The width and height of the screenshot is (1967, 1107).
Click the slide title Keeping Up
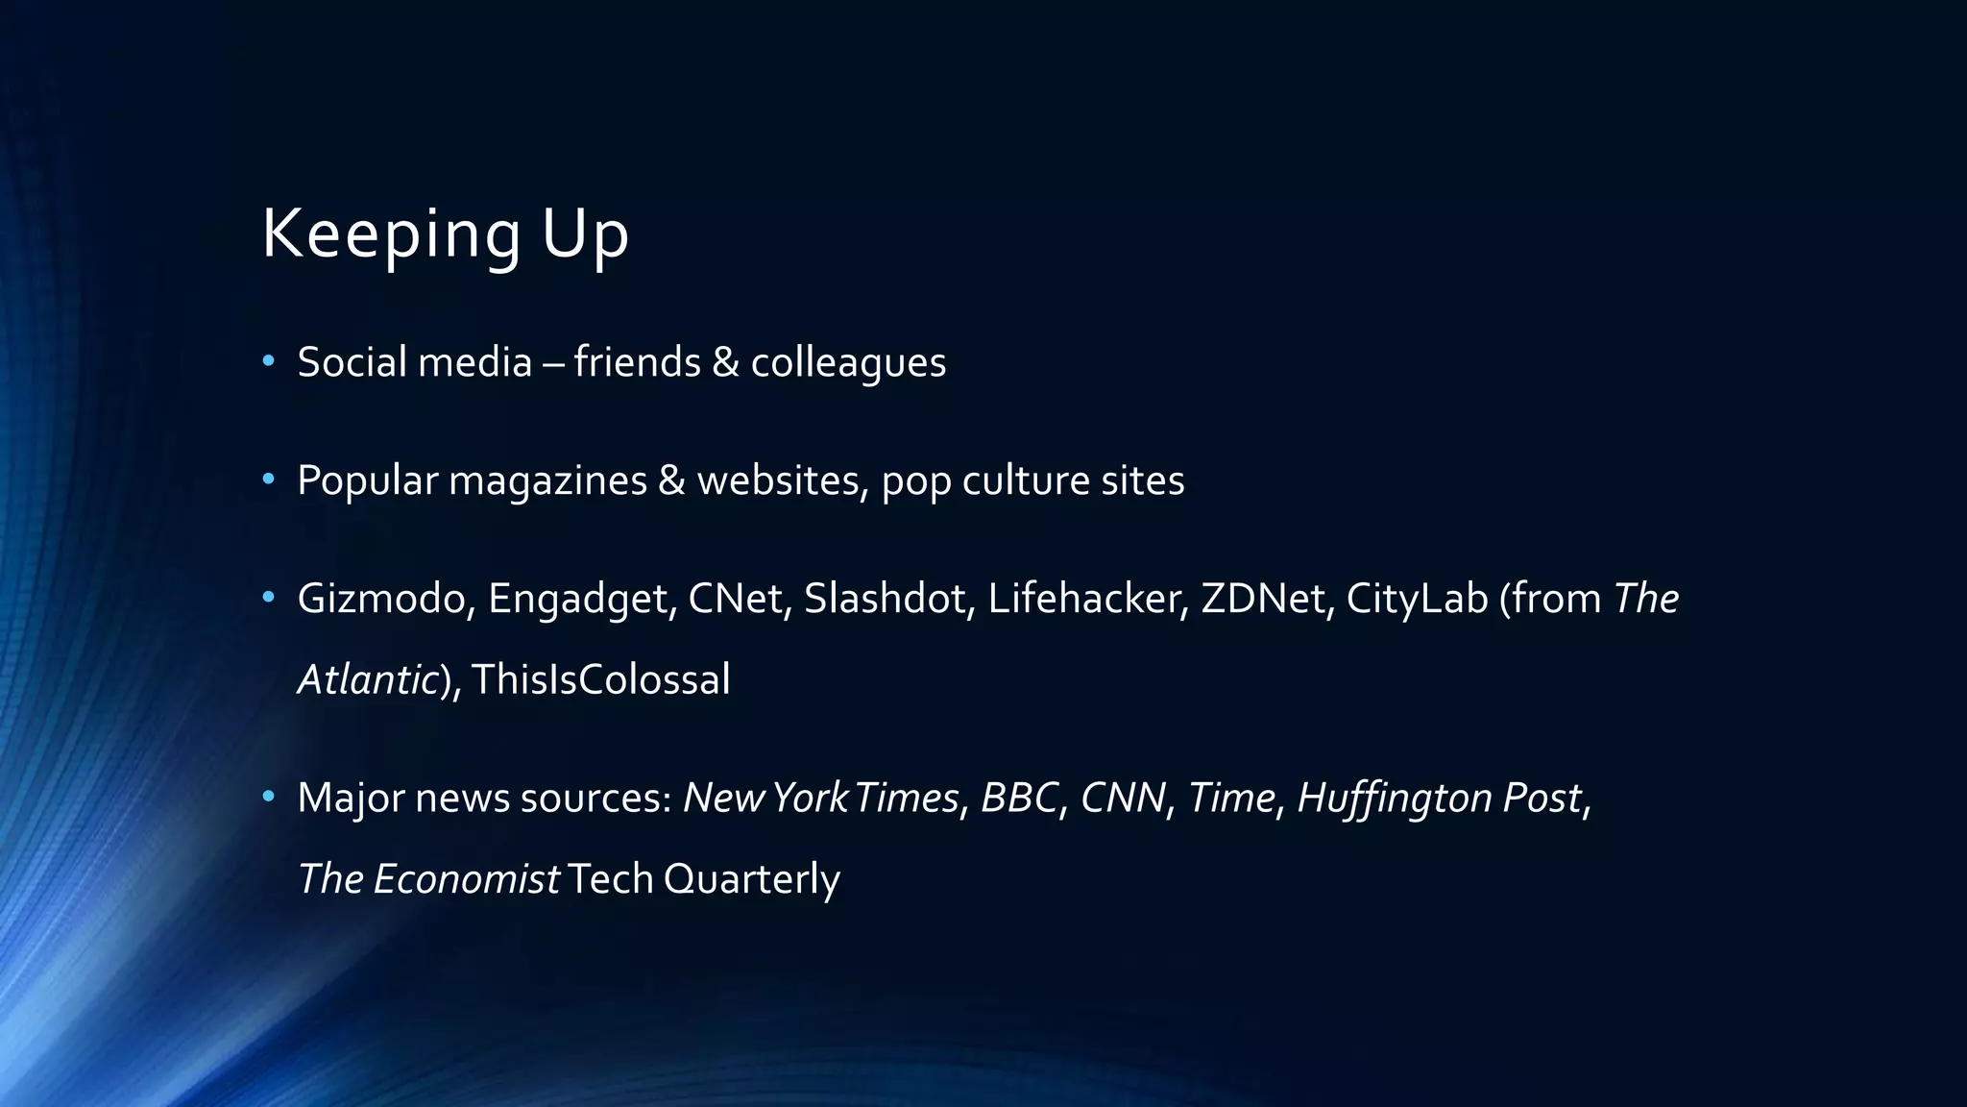click(445, 234)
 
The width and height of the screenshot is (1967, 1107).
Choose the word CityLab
click(1417, 599)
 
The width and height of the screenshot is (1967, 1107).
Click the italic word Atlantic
click(368, 679)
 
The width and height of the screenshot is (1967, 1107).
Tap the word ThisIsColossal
click(601, 679)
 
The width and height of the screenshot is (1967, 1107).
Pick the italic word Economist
click(466, 879)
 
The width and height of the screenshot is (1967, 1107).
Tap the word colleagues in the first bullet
click(848, 363)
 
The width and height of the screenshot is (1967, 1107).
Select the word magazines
click(547, 481)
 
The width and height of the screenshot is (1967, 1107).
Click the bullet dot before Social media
click(269, 361)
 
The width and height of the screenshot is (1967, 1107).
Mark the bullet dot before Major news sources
click(269, 797)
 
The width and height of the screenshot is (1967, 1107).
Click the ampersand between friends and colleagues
click(726, 362)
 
